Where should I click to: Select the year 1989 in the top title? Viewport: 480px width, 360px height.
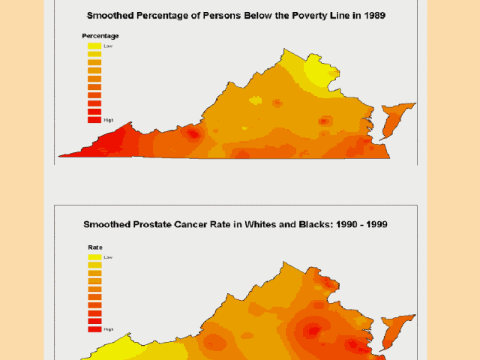(x=370, y=15)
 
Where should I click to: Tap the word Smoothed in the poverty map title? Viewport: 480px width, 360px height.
(x=113, y=15)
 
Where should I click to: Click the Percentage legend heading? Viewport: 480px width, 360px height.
(x=100, y=36)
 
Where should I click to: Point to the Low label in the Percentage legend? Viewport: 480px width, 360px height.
(x=108, y=46)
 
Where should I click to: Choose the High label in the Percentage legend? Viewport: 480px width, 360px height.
(x=109, y=119)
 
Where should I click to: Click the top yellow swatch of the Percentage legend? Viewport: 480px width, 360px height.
(x=94, y=46)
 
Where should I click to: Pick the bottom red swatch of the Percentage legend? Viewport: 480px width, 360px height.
(x=94, y=118)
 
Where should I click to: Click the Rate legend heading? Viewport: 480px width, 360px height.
(x=95, y=246)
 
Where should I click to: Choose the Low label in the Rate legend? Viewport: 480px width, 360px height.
(x=108, y=256)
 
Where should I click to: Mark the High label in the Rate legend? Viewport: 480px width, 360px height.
(x=109, y=329)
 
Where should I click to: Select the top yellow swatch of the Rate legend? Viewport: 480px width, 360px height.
(x=94, y=256)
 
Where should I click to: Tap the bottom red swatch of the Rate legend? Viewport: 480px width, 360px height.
(x=94, y=328)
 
